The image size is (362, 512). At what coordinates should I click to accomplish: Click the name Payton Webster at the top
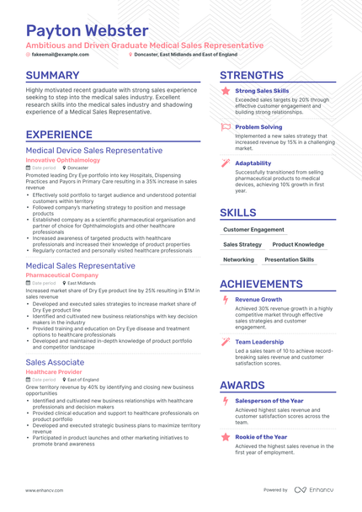tap(87, 30)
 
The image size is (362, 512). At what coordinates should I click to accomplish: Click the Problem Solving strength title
tap(258, 126)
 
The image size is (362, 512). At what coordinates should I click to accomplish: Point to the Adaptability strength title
tap(253, 163)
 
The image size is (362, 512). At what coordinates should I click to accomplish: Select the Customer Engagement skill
tap(254, 228)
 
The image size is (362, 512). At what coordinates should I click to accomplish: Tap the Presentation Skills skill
tap(289, 260)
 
